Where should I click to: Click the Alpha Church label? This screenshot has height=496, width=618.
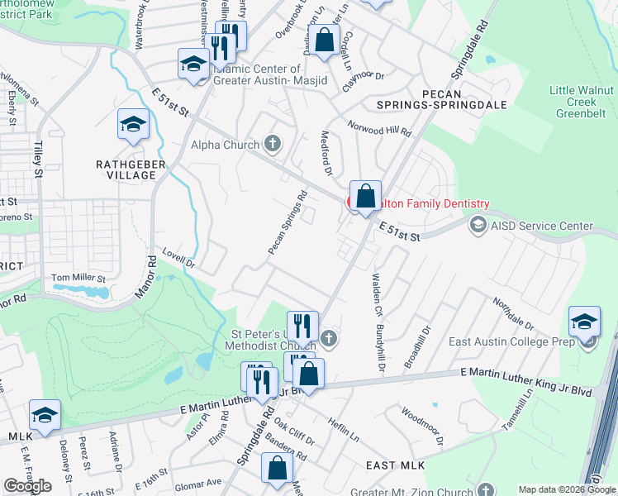(x=224, y=145)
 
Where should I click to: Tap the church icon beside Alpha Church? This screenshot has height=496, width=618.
(x=273, y=145)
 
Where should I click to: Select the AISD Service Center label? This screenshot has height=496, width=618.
(x=541, y=226)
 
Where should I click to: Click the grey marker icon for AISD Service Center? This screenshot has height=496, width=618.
(x=478, y=225)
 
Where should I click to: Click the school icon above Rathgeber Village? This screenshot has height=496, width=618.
(x=132, y=124)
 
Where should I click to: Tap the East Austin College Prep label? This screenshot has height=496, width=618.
(x=511, y=341)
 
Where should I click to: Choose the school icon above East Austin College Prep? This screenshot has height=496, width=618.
(x=584, y=321)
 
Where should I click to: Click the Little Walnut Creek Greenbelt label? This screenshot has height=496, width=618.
(x=582, y=103)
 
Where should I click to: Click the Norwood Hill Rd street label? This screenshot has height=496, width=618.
(x=379, y=131)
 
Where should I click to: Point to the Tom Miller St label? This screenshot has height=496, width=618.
(x=79, y=279)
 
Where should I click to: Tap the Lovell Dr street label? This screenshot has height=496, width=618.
(x=178, y=259)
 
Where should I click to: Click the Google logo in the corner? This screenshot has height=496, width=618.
(x=27, y=486)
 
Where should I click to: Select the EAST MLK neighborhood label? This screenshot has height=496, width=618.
(x=397, y=466)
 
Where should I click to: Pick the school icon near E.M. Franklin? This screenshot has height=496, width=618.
(x=45, y=415)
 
